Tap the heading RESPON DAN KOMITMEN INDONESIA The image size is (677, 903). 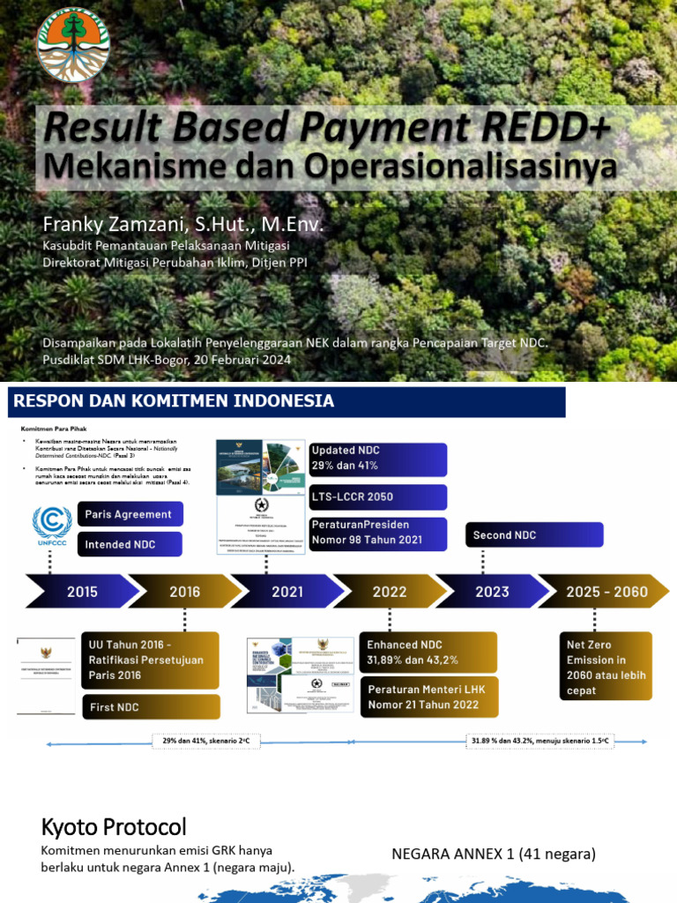point(173,402)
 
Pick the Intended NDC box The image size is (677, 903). point(130,545)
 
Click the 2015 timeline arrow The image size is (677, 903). point(82,592)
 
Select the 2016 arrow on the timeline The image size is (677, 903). point(184,592)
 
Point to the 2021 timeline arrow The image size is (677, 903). point(286,592)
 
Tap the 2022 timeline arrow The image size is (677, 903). point(389,592)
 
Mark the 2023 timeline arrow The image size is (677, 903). point(492,592)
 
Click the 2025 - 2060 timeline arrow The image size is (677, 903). point(606,592)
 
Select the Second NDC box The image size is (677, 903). point(534,535)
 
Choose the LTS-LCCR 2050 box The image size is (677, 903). point(377,497)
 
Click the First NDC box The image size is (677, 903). point(150,707)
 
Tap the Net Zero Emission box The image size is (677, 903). point(606,666)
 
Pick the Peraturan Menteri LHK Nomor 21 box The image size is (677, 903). point(428,697)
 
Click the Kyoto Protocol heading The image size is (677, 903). point(114,827)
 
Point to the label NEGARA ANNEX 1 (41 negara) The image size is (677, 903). point(494,854)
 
